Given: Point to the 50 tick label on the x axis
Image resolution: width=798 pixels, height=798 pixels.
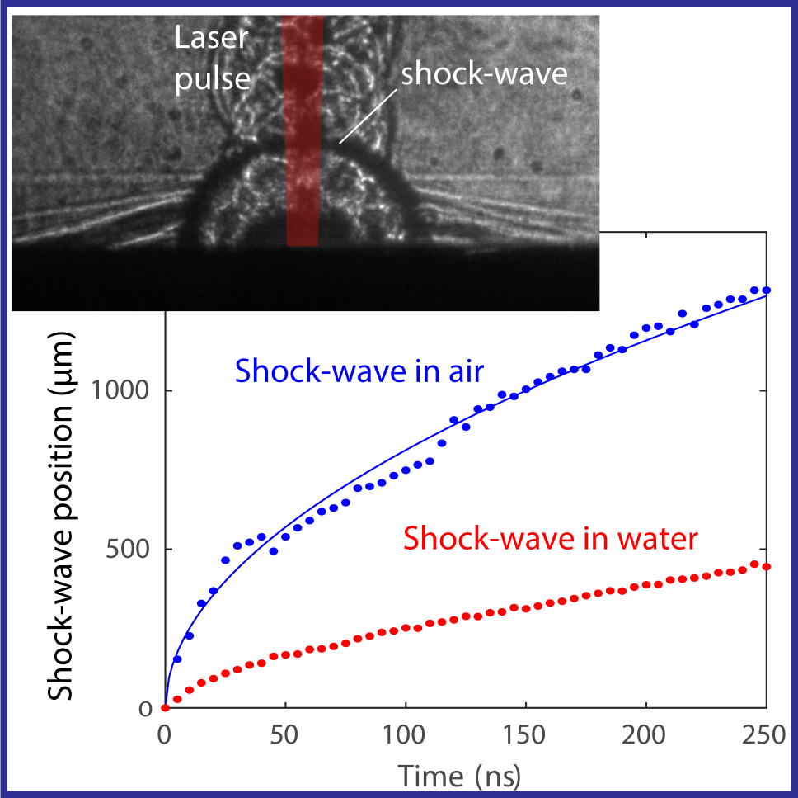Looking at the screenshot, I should pos(284,736).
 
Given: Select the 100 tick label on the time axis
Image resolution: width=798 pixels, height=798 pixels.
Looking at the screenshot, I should pos(405,736).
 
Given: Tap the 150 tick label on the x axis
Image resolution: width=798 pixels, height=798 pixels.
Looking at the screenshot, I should pos(525,736).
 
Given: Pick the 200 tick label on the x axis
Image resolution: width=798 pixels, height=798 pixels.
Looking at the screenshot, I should pos(645,736).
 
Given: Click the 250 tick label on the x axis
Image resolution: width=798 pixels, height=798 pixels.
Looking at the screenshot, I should pos(766,736).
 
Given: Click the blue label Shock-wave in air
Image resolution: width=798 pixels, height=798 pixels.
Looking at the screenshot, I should pos(359,371).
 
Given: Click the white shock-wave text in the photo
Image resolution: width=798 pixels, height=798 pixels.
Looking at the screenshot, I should pos(485,74).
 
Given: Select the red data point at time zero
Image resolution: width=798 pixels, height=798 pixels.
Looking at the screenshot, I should pos(166,707).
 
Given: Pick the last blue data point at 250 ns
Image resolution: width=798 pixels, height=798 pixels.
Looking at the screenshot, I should pos(767,290).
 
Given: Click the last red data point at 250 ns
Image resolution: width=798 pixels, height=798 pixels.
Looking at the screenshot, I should pos(767,567).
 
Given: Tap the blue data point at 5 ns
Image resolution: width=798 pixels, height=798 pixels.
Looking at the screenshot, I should pos(177,659).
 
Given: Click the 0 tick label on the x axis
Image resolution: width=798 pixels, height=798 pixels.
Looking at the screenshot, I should pos(165,736).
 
